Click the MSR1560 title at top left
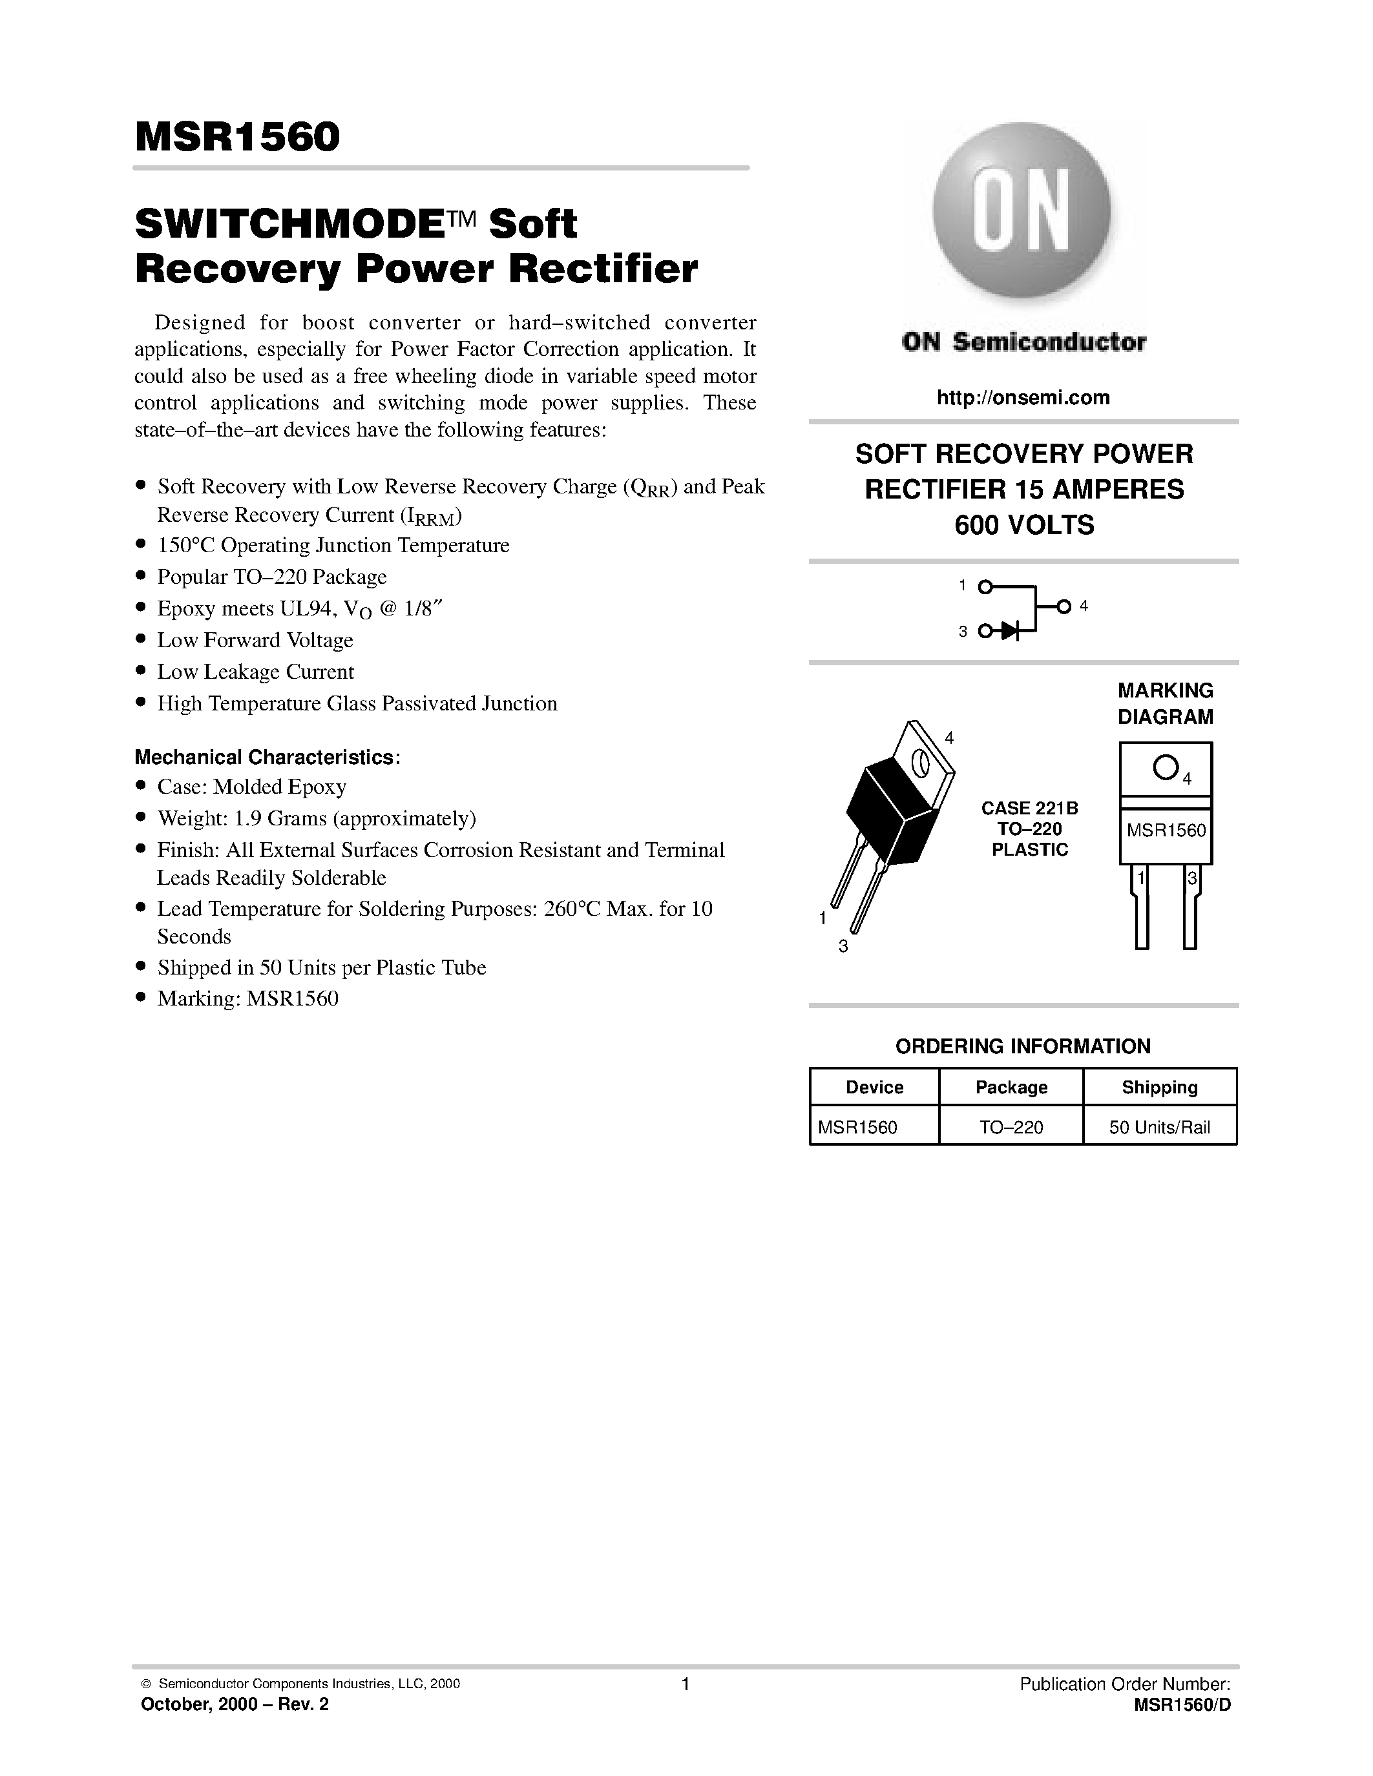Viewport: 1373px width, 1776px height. (238, 137)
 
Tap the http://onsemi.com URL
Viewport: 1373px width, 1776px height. (1022, 398)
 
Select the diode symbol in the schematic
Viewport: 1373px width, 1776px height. (1011, 630)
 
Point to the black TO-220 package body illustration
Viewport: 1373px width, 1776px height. (890, 809)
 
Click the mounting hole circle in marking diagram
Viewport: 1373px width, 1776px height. (1165, 767)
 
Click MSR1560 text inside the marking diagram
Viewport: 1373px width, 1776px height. (1166, 831)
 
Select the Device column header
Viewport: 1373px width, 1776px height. (874, 1087)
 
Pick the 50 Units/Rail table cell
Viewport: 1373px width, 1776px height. (1159, 1127)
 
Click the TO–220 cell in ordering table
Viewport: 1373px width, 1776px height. (1011, 1127)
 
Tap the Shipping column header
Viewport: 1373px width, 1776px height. (1159, 1087)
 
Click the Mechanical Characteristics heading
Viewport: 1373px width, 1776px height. (267, 757)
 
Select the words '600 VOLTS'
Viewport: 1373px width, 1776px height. (1023, 525)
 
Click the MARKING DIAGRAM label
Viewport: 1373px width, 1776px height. (1165, 703)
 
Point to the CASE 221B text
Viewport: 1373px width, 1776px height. (1029, 809)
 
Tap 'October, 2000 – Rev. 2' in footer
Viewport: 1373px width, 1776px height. (235, 1704)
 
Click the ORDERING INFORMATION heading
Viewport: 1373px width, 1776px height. (1022, 1047)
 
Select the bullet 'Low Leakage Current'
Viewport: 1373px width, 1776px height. (255, 672)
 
